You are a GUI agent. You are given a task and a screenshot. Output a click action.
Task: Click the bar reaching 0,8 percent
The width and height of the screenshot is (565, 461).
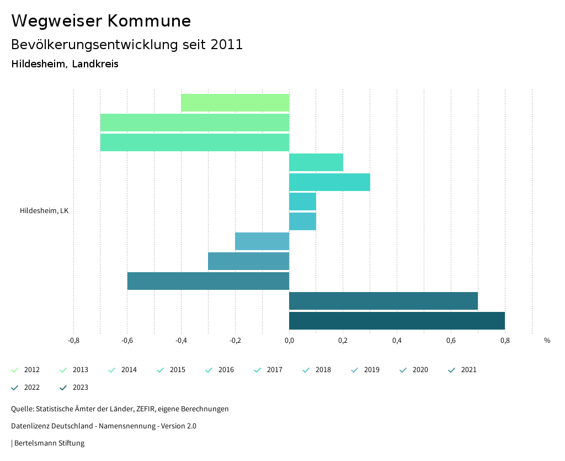tap(397, 321)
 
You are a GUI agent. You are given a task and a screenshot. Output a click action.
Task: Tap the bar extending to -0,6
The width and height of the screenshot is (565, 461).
tap(208, 281)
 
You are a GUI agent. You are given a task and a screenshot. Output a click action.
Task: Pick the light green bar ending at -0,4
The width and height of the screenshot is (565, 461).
tap(235, 103)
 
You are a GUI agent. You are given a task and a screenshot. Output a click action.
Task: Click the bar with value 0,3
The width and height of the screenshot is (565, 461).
tap(329, 182)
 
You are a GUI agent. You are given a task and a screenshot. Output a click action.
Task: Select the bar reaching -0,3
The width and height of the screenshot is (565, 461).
tap(248, 261)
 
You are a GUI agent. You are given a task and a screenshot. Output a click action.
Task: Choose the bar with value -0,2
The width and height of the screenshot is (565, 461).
tap(262, 241)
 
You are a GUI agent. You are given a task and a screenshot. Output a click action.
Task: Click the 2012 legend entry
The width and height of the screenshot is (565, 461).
tap(26, 370)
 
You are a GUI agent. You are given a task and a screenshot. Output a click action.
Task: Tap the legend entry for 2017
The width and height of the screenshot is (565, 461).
tap(269, 370)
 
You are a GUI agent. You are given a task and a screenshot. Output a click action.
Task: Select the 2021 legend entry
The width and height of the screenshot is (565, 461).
tap(463, 370)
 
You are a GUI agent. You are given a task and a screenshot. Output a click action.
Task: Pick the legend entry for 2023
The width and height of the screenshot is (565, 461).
tap(74, 388)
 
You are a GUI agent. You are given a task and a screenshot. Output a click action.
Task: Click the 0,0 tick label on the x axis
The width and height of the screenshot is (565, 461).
tap(289, 341)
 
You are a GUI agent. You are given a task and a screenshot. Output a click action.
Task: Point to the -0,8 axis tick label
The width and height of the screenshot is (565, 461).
tap(73, 341)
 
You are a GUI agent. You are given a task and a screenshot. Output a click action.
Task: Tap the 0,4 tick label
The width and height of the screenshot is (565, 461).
tap(397, 341)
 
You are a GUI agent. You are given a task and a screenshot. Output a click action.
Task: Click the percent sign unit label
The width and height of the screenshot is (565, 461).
tap(547, 341)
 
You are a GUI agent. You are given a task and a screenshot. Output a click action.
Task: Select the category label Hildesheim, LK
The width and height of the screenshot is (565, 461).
tap(44, 211)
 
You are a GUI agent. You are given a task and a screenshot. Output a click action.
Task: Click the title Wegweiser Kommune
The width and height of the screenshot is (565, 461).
tap(101, 21)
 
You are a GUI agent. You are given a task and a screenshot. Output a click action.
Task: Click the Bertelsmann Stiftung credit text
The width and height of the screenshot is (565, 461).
tap(49, 443)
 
